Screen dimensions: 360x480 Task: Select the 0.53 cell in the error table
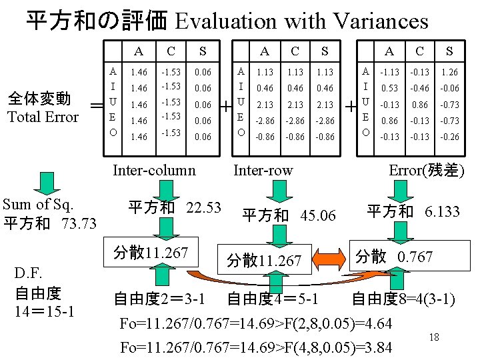click(x=389, y=89)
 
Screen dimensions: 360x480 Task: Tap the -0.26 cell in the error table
click(x=449, y=137)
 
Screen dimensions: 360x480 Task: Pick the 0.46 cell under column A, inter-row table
click(x=265, y=88)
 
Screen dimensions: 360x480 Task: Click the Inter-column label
click(x=154, y=170)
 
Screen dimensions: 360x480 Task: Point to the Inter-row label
click(x=263, y=170)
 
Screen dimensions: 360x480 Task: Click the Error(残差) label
click(x=427, y=170)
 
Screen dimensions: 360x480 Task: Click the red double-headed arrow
click(x=326, y=258)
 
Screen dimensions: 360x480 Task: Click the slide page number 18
click(x=435, y=337)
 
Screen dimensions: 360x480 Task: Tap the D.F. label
click(x=29, y=274)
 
